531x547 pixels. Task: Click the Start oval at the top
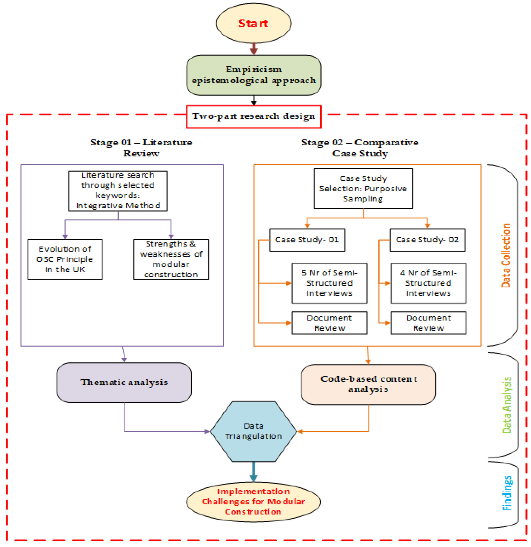[253, 23]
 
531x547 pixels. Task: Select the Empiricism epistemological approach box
[253, 75]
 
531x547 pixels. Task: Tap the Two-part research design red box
[253, 117]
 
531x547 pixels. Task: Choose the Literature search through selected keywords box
[118, 191]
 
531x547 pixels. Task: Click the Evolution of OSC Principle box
[65, 259]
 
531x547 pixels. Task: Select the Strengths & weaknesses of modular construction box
[171, 259]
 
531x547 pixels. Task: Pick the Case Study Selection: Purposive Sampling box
[363, 189]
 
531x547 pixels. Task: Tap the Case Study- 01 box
[307, 240]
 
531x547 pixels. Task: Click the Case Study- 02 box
[427, 240]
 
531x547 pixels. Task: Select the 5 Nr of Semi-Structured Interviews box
[329, 283]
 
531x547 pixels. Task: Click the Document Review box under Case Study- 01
[329, 323]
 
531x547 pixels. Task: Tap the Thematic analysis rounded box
[124, 382]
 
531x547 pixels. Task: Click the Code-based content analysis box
[368, 384]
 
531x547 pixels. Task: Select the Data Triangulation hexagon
[253, 431]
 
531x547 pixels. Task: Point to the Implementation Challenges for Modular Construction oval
[253, 502]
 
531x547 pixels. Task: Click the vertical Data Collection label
[506, 255]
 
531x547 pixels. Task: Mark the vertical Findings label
[507, 493]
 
